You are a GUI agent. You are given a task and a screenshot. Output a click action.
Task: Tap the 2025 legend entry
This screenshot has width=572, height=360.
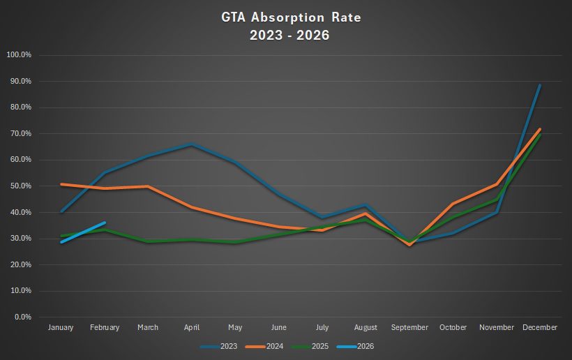tap(315, 346)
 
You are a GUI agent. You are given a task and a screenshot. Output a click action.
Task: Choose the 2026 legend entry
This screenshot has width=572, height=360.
tap(361, 346)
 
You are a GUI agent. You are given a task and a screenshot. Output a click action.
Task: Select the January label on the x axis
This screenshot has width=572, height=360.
tap(61, 327)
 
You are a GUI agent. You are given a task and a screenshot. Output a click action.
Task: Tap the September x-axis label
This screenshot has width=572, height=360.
tap(409, 327)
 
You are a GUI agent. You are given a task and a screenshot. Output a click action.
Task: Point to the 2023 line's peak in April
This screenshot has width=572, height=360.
tap(192, 144)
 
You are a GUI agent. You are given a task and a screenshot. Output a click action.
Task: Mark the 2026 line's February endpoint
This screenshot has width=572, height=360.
tap(105, 223)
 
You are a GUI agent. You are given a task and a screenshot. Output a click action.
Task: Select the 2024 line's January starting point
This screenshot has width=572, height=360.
tap(61, 184)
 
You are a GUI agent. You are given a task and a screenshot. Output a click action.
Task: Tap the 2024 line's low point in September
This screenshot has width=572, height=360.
tap(409, 245)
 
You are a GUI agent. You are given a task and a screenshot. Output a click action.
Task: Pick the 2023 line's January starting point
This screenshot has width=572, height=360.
tap(61, 211)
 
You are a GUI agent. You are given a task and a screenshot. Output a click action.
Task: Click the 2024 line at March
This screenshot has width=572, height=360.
tap(148, 186)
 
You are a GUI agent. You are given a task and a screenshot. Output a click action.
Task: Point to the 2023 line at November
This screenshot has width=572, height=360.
tap(497, 212)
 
